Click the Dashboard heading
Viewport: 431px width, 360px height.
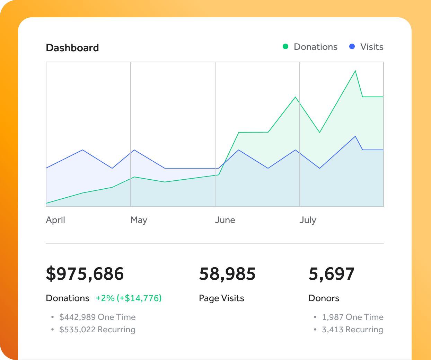72,48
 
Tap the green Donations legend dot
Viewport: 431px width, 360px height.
285,46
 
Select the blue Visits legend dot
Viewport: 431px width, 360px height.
352,46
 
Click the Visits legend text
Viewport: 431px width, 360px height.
372,47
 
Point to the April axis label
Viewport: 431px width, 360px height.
55,220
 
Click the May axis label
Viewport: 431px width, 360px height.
139,220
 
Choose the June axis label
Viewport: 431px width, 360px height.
225,220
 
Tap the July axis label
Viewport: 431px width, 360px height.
308,220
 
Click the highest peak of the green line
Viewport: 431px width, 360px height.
355,71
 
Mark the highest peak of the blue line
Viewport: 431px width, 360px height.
355,136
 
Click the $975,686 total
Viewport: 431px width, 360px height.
85,274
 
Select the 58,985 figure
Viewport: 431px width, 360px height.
227,274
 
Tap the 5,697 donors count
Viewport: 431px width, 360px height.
332,274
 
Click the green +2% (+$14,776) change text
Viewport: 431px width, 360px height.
129,298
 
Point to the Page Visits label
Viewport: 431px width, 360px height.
221,298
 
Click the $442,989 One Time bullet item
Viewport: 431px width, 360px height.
97,317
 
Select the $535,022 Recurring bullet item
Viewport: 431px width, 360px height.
97,330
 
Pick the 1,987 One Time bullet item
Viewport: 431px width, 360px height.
352,317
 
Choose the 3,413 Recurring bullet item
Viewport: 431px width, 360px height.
352,330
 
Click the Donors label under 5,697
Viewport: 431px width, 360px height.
324,298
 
